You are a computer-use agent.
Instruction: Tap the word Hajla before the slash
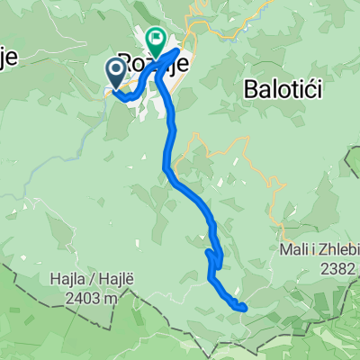pyautogui.click(x=67, y=280)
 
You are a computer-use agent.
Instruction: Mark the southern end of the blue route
pyautogui.click(x=243, y=308)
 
